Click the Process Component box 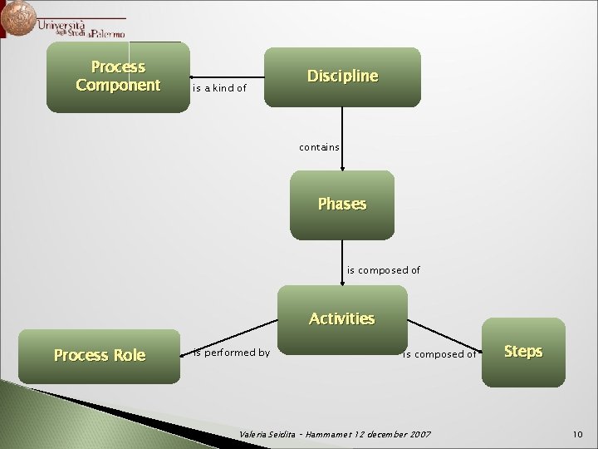pyautogui.click(x=117, y=76)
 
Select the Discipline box pyautogui.click(x=342, y=76)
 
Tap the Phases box pyautogui.click(x=341, y=205)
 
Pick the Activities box pyautogui.click(x=341, y=318)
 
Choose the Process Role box pyautogui.click(x=99, y=356)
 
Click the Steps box pyautogui.click(x=522, y=352)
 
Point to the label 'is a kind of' pyautogui.click(x=219, y=87)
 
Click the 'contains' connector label pyautogui.click(x=319, y=147)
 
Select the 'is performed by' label pyautogui.click(x=231, y=353)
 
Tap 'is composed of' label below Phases pyautogui.click(x=383, y=270)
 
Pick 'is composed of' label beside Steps pyautogui.click(x=439, y=354)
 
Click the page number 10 pyautogui.click(x=578, y=435)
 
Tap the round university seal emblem pyautogui.click(x=18, y=17)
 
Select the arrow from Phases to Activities pyautogui.click(x=342, y=262)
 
